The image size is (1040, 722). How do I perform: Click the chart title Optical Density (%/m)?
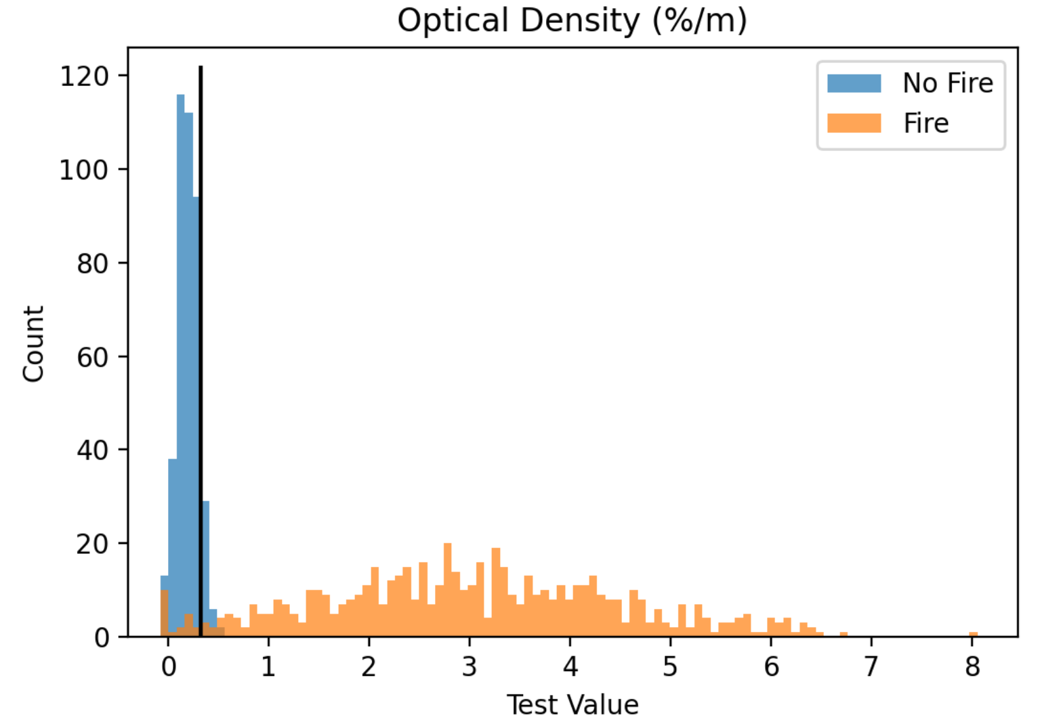coord(573,20)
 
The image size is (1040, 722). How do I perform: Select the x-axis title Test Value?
coord(573,705)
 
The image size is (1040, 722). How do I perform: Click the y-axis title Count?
coord(33,344)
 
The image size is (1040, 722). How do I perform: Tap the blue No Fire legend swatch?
coord(854,83)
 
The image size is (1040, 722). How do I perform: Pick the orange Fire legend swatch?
coord(854,123)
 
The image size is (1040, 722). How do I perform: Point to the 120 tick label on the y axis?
coord(85,77)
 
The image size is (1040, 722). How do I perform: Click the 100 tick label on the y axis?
coord(85,170)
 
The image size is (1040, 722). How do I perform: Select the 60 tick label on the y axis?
coord(93,358)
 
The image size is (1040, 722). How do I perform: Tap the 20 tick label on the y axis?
coord(93,545)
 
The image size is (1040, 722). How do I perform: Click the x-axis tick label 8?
coord(972,666)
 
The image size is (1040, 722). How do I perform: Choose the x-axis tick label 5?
coord(670,666)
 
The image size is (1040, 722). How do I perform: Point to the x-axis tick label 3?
coord(470,666)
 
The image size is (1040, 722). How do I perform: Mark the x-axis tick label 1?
coord(268,666)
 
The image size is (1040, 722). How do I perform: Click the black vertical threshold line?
coord(201,352)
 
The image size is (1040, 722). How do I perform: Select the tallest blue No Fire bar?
coord(181,366)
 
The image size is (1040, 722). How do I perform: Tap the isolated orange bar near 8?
coord(974,635)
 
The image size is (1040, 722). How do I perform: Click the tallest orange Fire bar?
coord(448,590)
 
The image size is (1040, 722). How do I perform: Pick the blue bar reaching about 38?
coord(173,547)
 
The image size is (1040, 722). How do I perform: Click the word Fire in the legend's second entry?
coord(925,123)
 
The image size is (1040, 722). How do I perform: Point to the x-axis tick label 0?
coord(169,666)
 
